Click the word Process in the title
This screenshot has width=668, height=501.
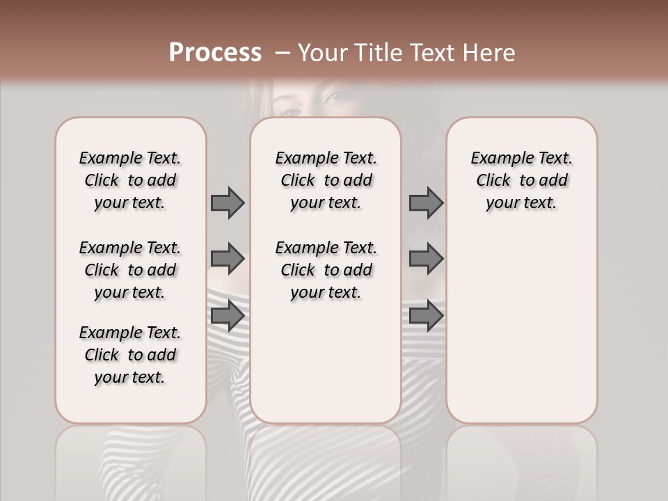point(215,52)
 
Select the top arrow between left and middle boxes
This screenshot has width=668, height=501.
point(228,202)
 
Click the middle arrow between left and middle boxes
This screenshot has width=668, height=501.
point(228,259)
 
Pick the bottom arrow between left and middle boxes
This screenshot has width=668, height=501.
point(228,316)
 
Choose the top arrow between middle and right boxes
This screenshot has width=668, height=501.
point(426,202)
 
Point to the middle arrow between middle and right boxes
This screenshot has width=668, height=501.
point(426,259)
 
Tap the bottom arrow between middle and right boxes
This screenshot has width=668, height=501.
point(426,316)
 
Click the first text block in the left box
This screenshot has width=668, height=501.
point(130,180)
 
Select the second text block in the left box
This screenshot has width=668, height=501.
point(130,270)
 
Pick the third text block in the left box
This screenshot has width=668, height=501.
point(130,355)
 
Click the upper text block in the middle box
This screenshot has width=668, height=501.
point(326,180)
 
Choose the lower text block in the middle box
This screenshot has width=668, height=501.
point(326,270)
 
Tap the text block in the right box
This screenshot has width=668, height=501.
point(521,180)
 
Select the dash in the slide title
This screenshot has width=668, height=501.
point(283,52)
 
